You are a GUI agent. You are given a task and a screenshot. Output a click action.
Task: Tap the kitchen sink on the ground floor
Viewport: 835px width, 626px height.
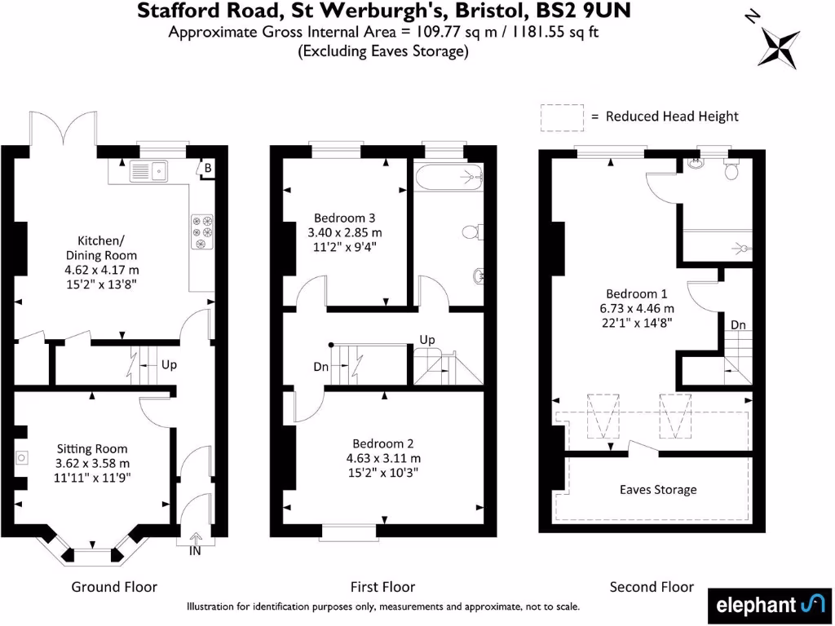148,171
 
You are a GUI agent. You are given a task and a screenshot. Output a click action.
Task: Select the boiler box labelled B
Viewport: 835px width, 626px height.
209,169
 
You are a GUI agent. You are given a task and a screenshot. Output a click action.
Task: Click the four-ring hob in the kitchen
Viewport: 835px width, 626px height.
201,231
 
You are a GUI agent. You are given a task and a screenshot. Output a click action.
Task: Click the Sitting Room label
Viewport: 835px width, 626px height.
91,448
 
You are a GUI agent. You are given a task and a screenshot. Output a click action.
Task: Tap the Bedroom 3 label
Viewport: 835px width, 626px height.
344,218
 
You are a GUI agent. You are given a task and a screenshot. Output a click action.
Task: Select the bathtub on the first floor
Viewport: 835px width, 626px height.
448,175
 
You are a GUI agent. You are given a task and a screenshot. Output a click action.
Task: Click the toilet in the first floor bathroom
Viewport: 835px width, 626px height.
473,231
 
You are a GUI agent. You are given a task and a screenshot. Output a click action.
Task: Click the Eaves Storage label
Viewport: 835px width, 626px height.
658,489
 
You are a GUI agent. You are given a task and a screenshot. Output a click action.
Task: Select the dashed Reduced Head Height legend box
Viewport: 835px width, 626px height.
561,116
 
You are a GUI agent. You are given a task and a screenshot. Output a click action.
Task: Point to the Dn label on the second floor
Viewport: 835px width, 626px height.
737,324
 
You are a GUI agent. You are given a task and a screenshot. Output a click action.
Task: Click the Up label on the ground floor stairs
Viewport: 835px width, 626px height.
168,364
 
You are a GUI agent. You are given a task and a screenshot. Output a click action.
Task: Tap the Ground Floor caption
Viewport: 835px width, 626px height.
114,587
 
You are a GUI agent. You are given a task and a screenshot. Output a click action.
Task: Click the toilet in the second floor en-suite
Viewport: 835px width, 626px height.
731,170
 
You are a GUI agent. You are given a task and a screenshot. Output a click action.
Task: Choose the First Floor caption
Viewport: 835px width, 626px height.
382,587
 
